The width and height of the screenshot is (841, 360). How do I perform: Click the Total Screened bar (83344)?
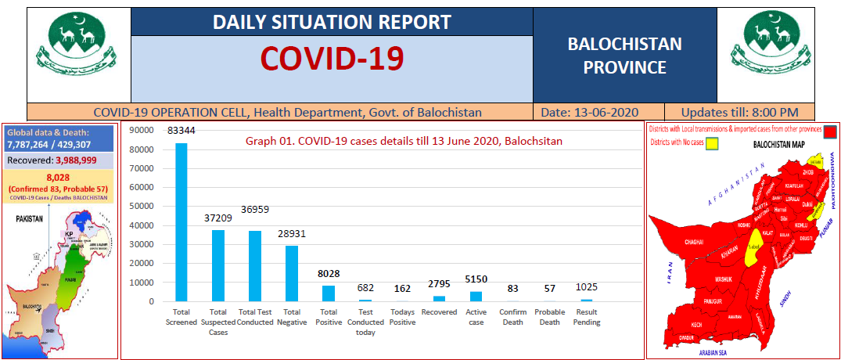pos(181,222)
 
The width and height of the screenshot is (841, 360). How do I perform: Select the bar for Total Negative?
pos(291,273)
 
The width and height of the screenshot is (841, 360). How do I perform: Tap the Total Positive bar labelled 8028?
pos(329,293)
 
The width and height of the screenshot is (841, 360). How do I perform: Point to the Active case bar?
pos(476,297)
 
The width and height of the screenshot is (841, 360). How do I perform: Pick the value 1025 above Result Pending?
pos(586,287)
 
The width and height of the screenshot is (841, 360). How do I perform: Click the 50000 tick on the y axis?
pos(142,207)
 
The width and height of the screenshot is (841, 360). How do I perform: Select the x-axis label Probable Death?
pos(549,317)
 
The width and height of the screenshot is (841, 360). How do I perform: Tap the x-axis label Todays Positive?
pos(402,317)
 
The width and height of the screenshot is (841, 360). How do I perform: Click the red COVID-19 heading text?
pos(332,59)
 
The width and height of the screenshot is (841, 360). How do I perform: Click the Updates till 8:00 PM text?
pos(739,112)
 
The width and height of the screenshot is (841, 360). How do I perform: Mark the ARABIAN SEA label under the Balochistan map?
pos(713,353)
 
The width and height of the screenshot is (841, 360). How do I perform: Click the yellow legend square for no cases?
pos(711,143)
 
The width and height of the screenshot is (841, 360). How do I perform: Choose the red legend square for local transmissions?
pos(829,131)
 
